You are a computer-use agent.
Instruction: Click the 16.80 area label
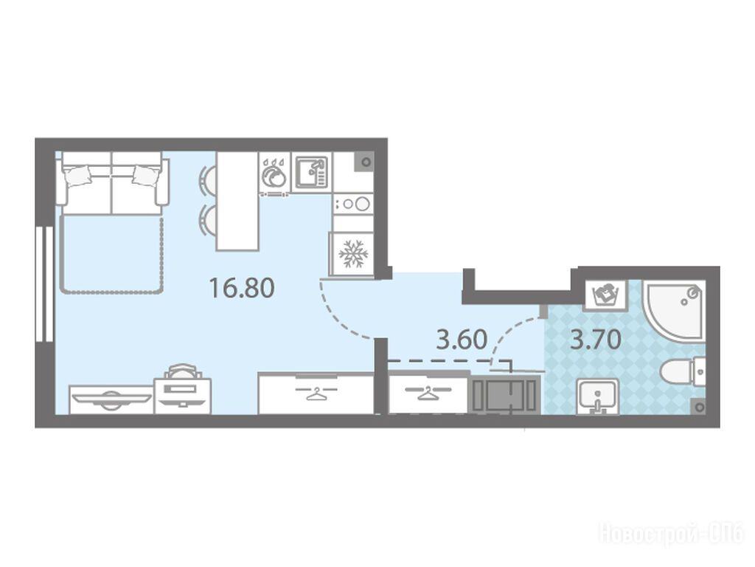(242, 288)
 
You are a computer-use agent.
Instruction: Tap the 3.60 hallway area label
(462, 340)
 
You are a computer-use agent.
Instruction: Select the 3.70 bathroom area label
(595, 340)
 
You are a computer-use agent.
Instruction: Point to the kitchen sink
(312, 171)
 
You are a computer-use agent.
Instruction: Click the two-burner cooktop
(353, 204)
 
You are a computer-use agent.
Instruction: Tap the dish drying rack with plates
(274, 176)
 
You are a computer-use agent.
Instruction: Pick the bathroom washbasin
(597, 396)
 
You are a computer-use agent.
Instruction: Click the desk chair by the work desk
(181, 371)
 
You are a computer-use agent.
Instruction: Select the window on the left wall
(45, 284)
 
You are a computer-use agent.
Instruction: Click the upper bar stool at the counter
(206, 181)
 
